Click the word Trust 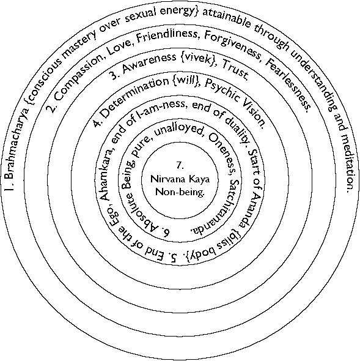[235, 69]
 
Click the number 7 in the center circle [180, 165]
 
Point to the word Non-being [180, 192]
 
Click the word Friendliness [167, 36]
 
